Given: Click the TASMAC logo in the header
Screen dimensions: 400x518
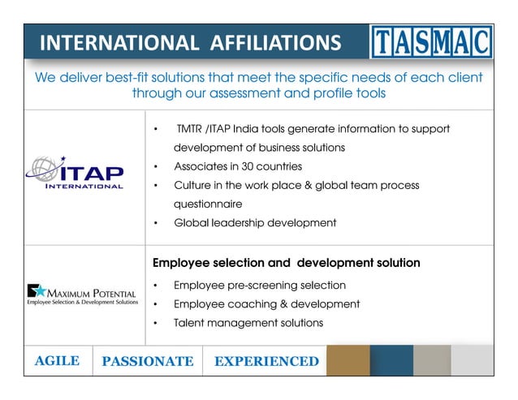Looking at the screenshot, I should point(431,41).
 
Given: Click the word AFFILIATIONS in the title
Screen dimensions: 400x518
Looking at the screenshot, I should point(269,42).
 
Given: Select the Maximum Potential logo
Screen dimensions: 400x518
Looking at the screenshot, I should point(82,294).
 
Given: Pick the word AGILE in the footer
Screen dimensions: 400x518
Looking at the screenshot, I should point(57,361).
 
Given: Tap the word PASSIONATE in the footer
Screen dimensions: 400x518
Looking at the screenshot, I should point(148,361).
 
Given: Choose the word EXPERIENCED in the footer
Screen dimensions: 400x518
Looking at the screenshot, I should point(266,361).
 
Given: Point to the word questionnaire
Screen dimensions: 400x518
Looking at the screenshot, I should point(208,204).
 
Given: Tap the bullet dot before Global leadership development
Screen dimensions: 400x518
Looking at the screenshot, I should point(155,223).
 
